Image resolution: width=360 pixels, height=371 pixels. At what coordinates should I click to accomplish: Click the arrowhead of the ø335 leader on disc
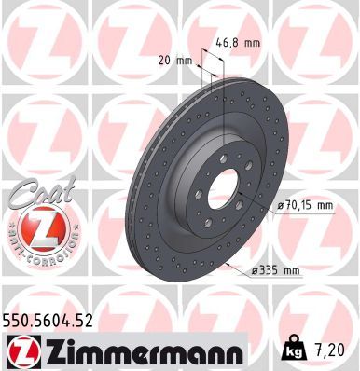coord(227,265)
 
